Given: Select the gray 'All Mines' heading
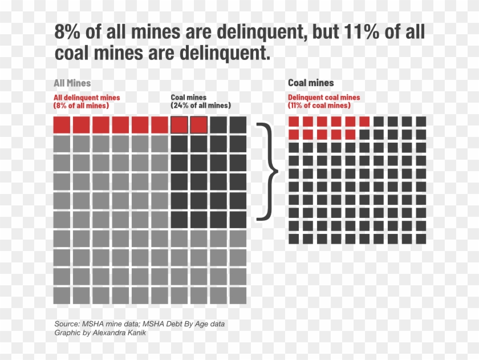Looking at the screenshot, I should (x=72, y=83).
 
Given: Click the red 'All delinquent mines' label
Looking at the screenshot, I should (x=87, y=98).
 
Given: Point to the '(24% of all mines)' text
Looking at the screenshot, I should (x=201, y=106).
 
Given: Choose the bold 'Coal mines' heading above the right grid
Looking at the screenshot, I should (x=311, y=83).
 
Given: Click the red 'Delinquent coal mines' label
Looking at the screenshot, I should (x=324, y=98).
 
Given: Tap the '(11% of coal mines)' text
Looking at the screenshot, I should (x=319, y=106).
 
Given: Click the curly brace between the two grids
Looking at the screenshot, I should (x=268, y=171).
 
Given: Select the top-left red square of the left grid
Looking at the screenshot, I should (x=62, y=124).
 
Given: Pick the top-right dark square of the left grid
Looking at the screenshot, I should (x=238, y=124).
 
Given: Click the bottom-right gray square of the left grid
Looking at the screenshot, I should (x=238, y=296).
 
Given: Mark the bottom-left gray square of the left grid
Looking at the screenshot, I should (x=62, y=296).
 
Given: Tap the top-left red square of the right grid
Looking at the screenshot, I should (x=294, y=121).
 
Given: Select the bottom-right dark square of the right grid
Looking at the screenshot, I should (x=421, y=238).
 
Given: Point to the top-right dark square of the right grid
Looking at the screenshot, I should (x=421, y=121).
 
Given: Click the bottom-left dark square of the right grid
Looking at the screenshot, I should (x=294, y=238).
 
